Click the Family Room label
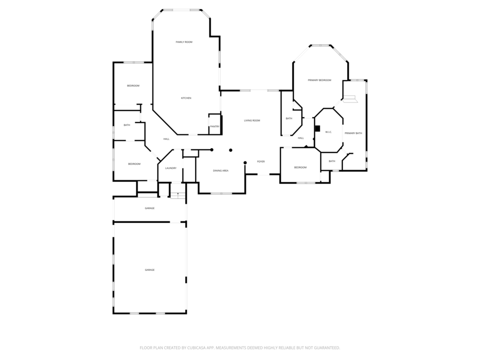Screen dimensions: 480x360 [x=184, y=42]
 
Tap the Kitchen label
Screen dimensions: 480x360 [x=186, y=98]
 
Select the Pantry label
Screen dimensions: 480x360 [x=214, y=126]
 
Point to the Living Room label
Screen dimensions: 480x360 [x=252, y=121]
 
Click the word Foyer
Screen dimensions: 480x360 [x=261, y=162]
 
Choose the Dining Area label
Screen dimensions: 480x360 [x=221, y=171]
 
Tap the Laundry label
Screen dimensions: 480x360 [x=171, y=168]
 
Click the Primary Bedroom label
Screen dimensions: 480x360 [x=319, y=80]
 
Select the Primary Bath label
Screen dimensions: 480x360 [x=353, y=133]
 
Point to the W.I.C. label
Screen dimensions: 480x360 [x=329, y=132]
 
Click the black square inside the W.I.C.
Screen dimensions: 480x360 [x=317, y=129]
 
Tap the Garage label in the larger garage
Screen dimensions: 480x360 [x=150, y=270]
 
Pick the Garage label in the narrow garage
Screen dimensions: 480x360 [x=150, y=208]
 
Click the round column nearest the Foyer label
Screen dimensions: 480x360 [x=245, y=163]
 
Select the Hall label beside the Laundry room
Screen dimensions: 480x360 [x=166, y=139]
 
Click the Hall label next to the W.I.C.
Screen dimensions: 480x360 [x=301, y=138]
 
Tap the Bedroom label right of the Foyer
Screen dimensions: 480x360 [x=300, y=167]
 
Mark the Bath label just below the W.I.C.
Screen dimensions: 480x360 [x=332, y=161]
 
